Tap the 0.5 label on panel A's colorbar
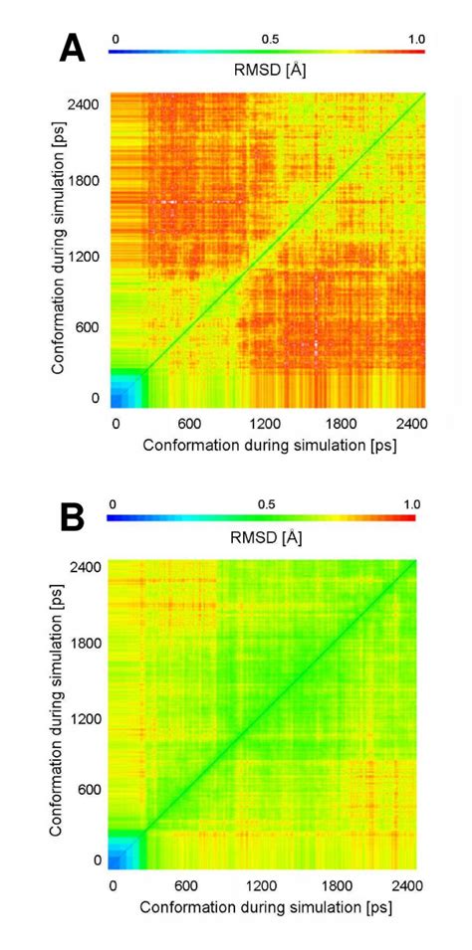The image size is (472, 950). coord(269,39)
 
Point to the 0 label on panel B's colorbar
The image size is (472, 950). coord(113,504)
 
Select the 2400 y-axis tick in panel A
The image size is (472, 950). coord(87,101)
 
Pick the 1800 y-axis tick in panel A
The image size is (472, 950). coord(87,182)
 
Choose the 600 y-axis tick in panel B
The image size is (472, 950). coord(89,790)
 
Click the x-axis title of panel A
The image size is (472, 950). coord(269,445)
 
